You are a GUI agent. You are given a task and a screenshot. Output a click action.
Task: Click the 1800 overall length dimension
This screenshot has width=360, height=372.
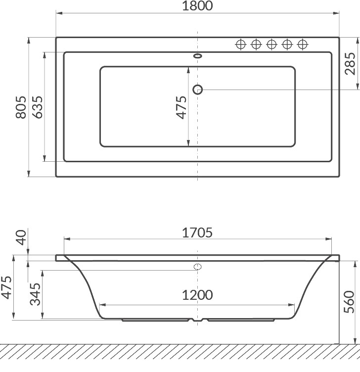click(x=197, y=6)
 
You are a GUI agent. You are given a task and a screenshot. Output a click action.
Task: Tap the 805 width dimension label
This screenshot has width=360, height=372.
click(x=21, y=107)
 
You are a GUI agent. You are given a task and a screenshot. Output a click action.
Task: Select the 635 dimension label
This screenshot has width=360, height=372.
click(x=38, y=107)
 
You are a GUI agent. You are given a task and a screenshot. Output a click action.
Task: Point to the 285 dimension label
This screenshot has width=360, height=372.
click(x=350, y=64)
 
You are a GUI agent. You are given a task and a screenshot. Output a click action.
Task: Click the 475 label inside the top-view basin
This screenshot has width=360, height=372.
click(x=181, y=107)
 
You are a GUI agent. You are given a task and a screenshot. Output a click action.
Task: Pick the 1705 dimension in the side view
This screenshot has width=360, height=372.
click(x=197, y=232)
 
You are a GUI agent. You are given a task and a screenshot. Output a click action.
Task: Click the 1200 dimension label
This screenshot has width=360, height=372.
click(x=197, y=295)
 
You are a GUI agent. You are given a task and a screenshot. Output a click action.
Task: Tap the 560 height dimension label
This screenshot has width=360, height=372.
click(x=349, y=302)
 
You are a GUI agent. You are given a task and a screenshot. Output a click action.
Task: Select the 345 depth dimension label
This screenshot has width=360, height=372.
click(x=35, y=294)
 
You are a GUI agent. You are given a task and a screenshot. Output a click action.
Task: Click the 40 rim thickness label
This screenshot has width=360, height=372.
click(x=21, y=237)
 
